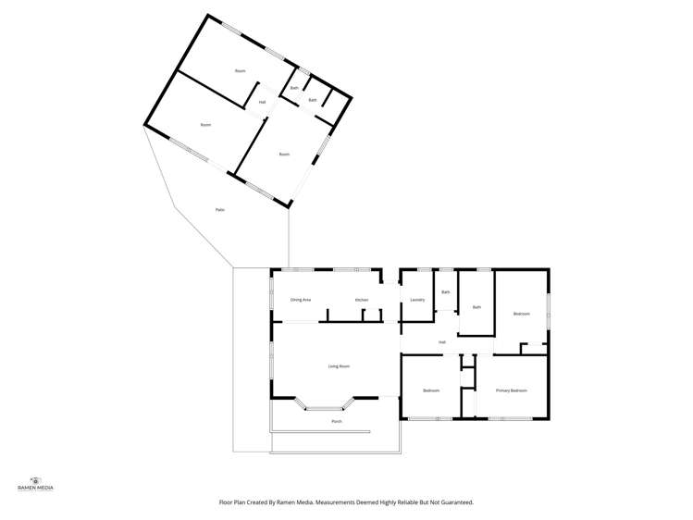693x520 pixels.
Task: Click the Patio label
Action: tap(220, 210)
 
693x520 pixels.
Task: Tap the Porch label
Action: tap(337, 421)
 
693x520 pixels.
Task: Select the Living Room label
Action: tap(339, 366)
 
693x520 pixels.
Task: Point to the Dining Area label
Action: tap(301, 300)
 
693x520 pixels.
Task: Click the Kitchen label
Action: tap(362, 300)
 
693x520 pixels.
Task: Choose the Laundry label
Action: tap(417, 300)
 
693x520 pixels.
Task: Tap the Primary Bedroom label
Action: tap(511, 390)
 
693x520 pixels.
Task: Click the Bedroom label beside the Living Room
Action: tap(431, 390)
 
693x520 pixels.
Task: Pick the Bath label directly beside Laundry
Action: tap(445, 292)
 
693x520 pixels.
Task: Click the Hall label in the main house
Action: tap(442, 342)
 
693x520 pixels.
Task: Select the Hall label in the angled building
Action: tap(262, 102)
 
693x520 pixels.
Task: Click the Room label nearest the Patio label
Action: tap(205, 125)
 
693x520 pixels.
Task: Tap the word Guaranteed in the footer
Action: tap(453, 502)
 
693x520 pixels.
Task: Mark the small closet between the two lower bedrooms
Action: tap(467, 378)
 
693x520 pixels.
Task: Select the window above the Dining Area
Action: tap(298, 269)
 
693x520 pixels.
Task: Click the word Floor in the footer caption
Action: tap(225, 502)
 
